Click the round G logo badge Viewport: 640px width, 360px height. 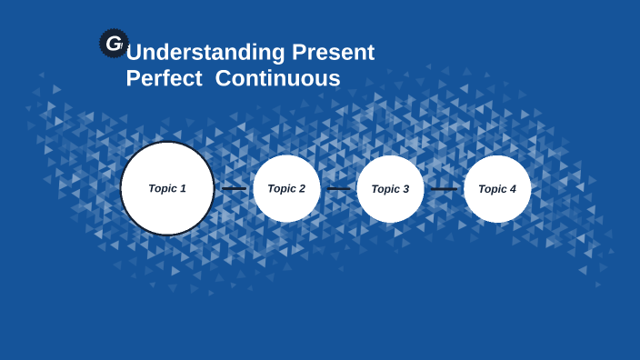(114, 43)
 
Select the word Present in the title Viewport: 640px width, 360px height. (333, 53)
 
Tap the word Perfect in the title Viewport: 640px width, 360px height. (164, 79)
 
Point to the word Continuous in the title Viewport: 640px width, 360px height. (277, 79)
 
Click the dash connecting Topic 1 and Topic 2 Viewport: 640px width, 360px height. (234, 189)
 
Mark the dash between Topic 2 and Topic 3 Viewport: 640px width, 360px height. (338, 189)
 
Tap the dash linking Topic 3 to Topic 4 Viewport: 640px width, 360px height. (444, 189)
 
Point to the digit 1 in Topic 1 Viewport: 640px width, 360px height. (183, 188)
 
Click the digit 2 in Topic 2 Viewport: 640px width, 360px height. (301, 189)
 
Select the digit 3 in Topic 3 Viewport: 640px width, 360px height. (405, 189)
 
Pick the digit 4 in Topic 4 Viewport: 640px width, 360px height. (513, 189)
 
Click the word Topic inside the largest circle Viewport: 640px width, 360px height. (162, 188)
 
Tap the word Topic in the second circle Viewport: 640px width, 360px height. (281, 189)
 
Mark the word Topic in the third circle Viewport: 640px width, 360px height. (385, 189)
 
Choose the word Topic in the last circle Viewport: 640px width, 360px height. (492, 189)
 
